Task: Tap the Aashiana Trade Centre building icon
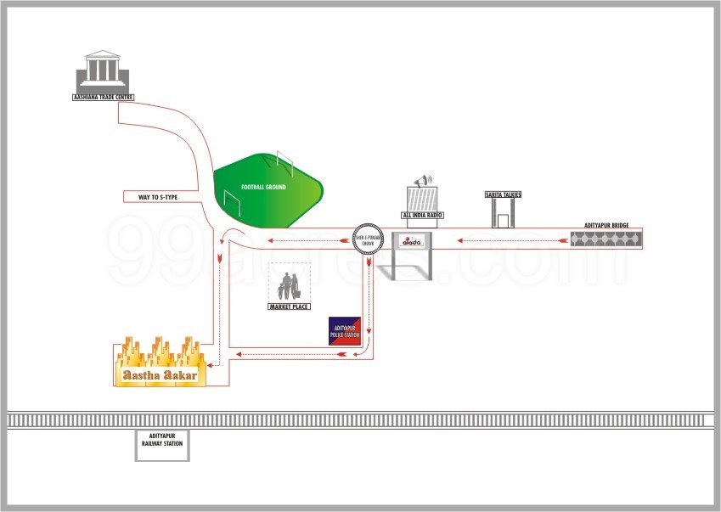102,71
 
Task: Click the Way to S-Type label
158,197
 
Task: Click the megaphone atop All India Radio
422,181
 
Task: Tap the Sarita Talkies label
503,195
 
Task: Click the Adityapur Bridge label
606,225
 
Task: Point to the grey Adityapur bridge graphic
606,239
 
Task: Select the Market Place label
289,305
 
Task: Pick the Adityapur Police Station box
345,330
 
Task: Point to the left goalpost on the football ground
232,201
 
